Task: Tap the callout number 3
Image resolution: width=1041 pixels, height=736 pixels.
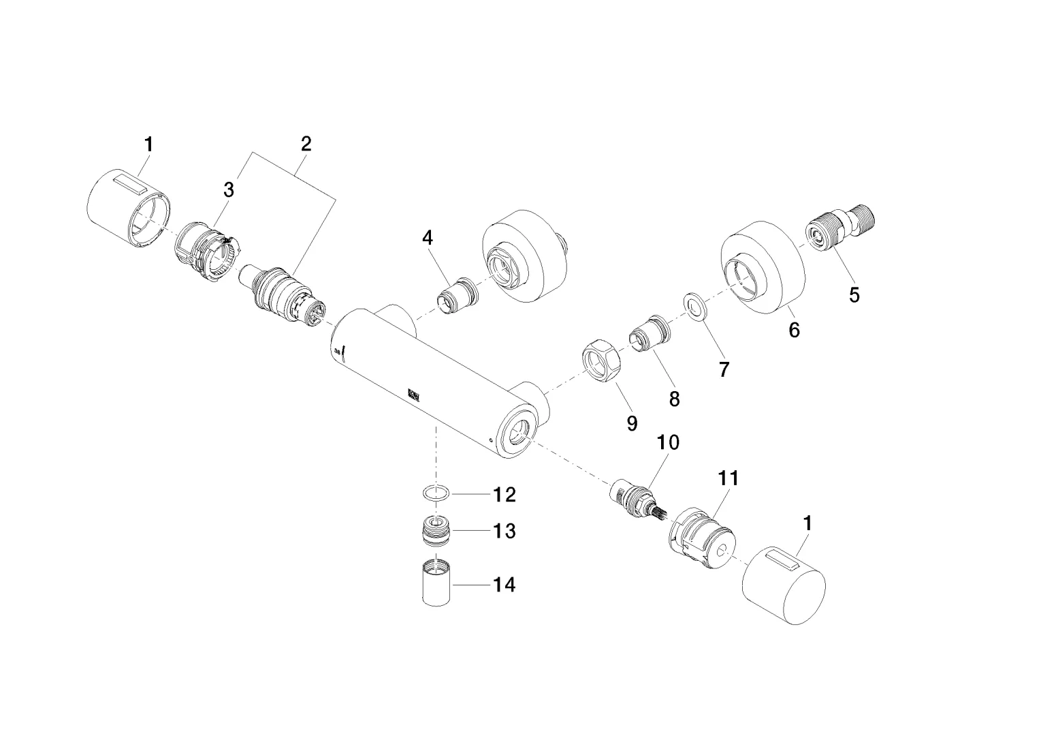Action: point(229,190)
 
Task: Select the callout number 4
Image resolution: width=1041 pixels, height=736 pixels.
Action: point(427,238)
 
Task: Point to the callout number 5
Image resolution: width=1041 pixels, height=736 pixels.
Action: point(854,295)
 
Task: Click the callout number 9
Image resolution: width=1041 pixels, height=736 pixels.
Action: point(632,423)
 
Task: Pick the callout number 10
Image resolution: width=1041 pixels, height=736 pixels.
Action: point(668,442)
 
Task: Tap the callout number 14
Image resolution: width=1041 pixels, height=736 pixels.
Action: point(504,585)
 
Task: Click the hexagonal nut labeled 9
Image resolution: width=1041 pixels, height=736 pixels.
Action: point(600,361)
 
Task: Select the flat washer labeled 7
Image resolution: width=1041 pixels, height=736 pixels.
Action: point(694,307)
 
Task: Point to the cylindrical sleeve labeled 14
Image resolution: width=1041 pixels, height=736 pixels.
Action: point(436,583)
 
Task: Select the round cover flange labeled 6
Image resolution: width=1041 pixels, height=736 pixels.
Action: point(762,268)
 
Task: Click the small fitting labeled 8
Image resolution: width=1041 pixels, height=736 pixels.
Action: point(650,335)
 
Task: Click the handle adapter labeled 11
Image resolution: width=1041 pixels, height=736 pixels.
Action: point(702,539)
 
